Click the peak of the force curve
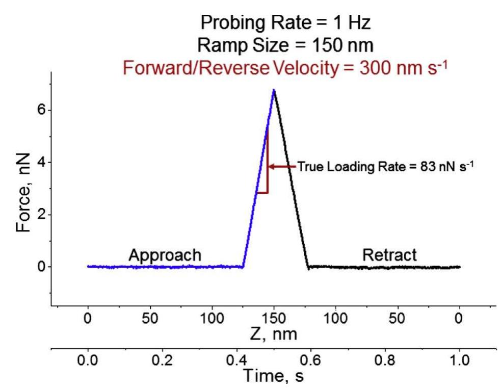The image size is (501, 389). tap(274, 90)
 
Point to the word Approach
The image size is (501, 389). tap(165, 254)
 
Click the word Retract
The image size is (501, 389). tap(389, 254)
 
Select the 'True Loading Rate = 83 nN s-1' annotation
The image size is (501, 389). tap(386, 166)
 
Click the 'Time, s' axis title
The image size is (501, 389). tap(273, 376)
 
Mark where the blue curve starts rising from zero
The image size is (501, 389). tap(243, 266)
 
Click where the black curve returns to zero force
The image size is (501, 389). tap(308, 266)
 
